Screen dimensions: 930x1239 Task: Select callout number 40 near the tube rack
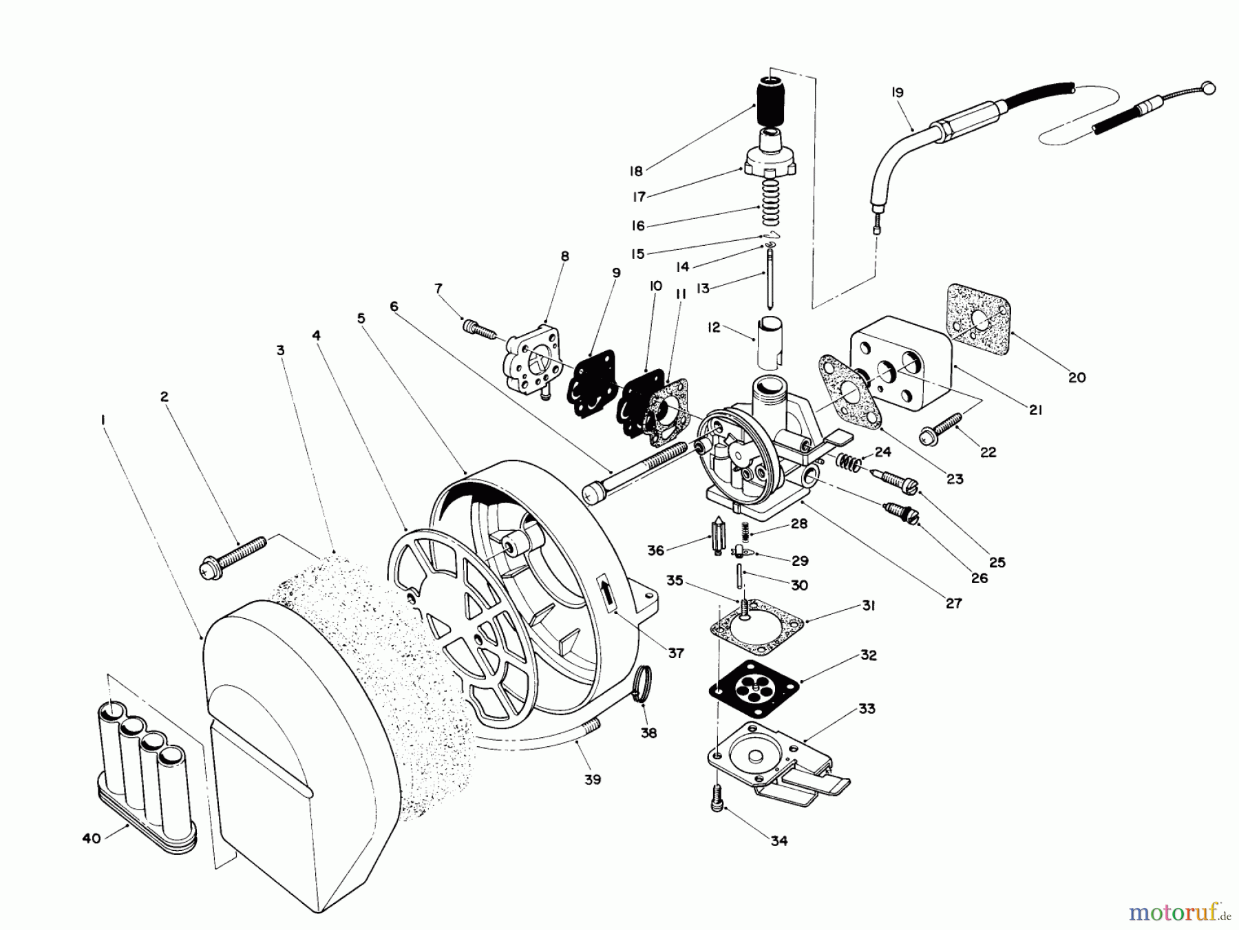[92, 838]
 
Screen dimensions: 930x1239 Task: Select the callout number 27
[953, 604]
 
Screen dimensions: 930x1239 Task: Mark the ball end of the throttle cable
[1208, 88]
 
